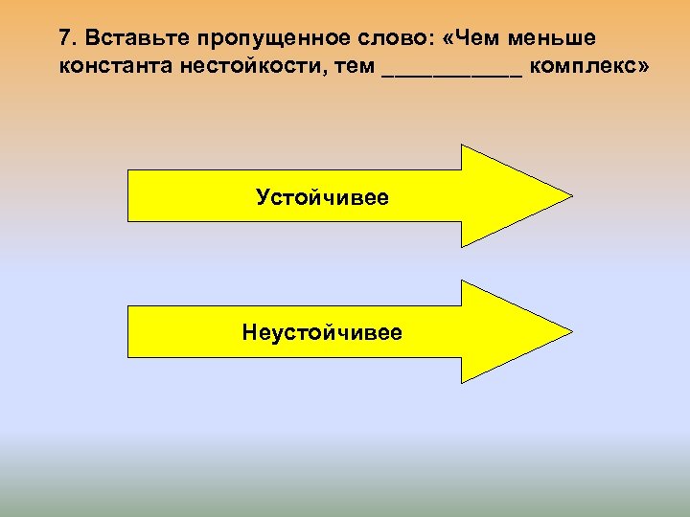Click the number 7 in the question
coord(64,38)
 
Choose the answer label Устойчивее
coord(322,197)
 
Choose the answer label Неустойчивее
coord(322,332)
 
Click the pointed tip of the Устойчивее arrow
coord(569,196)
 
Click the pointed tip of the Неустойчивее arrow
coord(569,331)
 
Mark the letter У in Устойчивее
coord(263,197)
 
